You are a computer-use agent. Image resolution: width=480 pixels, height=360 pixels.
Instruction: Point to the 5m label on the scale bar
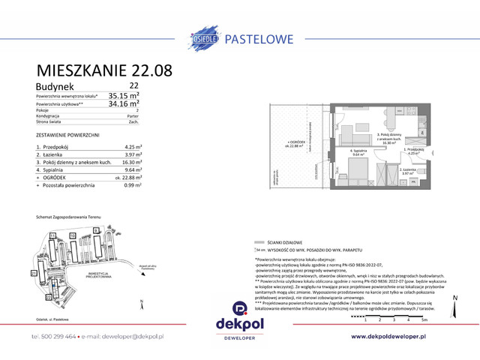click(424, 319)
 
